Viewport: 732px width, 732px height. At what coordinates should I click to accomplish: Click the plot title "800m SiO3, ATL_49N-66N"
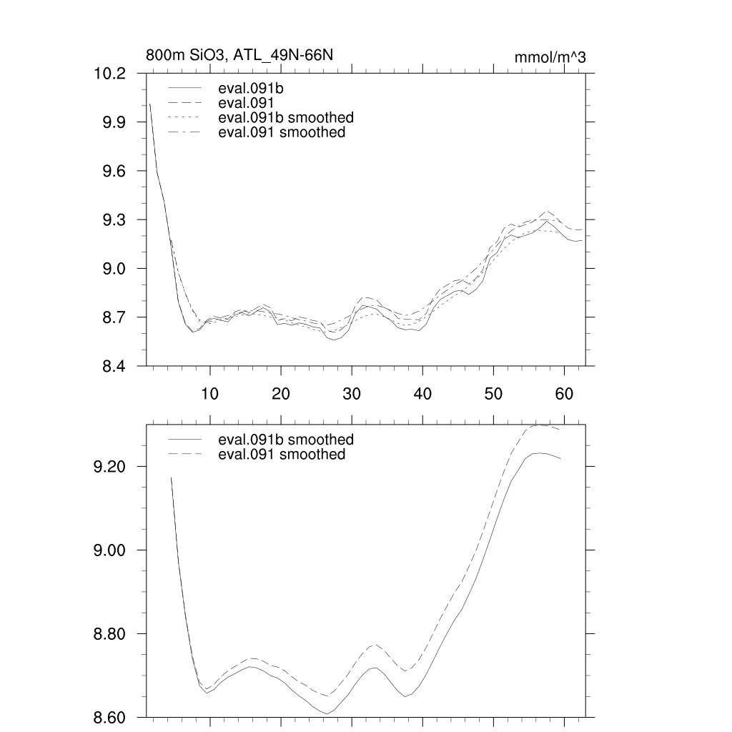click(x=239, y=55)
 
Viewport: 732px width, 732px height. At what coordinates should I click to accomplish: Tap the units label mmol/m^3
click(x=550, y=57)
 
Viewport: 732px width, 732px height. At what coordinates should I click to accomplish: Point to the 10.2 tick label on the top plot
click(x=109, y=74)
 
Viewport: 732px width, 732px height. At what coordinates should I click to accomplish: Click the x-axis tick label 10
click(x=209, y=392)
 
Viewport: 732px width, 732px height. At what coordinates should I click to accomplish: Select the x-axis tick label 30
click(x=351, y=392)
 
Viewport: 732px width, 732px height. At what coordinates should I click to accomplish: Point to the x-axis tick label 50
click(x=493, y=392)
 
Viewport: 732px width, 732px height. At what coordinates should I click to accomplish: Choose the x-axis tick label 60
click(x=564, y=392)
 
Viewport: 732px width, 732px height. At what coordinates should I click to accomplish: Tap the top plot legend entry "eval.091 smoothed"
click(x=282, y=132)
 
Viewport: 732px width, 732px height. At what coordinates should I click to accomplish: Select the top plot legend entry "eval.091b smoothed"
click(x=286, y=117)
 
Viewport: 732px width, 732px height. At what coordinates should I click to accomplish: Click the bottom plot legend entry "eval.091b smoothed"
click(x=286, y=440)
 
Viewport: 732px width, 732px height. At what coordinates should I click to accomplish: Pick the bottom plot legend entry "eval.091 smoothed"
click(x=282, y=455)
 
